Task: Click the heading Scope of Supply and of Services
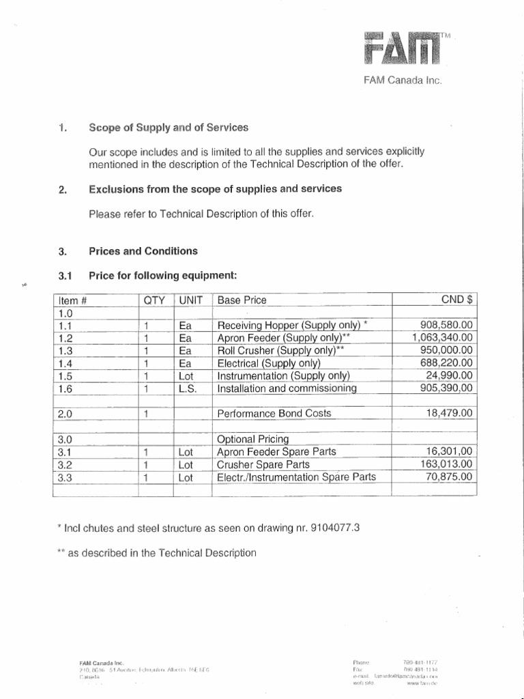pyautogui.click(x=169, y=128)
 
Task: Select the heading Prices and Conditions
pyautogui.click(x=143, y=251)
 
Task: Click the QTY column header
pyautogui.click(x=156, y=300)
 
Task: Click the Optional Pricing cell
pyautogui.click(x=252, y=439)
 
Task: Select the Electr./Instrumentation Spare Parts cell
pyautogui.click(x=296, y=478)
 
